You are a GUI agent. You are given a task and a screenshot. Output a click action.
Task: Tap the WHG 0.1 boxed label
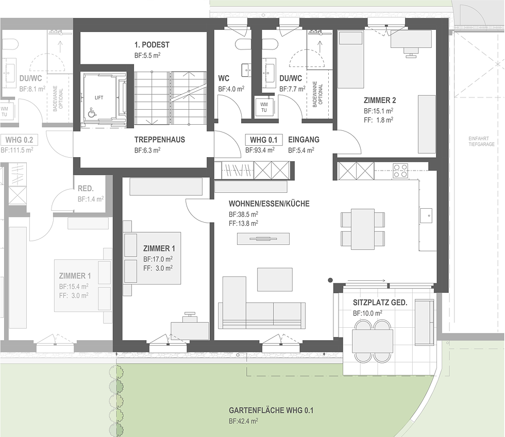coord(264,140)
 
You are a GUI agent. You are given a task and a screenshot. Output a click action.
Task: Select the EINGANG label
coord(304,140)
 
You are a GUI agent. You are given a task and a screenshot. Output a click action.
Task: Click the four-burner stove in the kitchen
coord(400,171)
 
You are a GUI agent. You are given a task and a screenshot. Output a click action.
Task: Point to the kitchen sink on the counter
coord(426,215)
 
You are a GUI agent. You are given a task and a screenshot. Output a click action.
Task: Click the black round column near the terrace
coord(330,280)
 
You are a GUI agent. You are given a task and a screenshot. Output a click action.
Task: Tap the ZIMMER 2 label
coord(380,100)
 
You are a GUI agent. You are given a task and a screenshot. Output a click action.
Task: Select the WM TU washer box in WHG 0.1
coord(264,107)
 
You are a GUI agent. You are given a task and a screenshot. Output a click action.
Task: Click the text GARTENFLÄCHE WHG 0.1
coord(271,410)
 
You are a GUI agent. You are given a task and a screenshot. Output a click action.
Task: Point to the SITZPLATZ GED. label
coord(380,302)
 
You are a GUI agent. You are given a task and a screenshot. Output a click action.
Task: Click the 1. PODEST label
coord(152,45)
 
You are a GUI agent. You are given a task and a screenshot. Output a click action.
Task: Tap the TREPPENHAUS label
coord(160,140)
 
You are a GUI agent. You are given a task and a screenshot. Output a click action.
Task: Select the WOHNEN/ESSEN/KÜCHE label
coord(269,204)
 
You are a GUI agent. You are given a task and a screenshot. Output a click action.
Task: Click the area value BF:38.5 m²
coord(243,214)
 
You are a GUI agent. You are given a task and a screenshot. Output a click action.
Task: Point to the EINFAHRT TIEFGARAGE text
coord(481,141)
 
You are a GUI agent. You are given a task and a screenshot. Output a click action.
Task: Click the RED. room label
coord(86,189)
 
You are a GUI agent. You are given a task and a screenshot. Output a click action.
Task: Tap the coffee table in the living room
coord(275,279)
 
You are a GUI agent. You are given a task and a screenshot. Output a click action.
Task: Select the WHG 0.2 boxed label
coord(19,140)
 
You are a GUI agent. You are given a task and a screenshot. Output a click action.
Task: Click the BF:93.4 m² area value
coord(260,150)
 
